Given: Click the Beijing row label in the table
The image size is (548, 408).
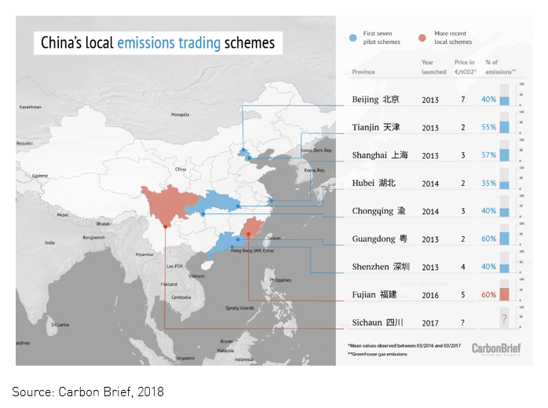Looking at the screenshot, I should click(x=376, y=100).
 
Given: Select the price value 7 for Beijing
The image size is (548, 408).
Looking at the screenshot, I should click(x=463, y=100).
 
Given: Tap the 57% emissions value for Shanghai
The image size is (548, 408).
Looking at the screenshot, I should click(x=488, y=155).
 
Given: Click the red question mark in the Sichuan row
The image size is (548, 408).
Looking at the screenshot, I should click(x=504, y=320).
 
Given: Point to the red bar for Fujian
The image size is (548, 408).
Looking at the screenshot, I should click(x=505, y=293).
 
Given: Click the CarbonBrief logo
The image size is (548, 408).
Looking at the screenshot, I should click(x=499, y=348).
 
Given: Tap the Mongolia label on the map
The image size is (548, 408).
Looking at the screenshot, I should click(x=180, y=115).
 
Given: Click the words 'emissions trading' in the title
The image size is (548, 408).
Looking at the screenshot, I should click(x=169, y=42).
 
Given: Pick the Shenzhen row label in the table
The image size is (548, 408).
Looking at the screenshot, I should click(x=381, y=267).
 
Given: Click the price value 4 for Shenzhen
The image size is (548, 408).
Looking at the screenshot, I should click(x=463, y=267).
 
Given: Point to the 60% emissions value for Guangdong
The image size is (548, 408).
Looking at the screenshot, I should click(x=488, y=239).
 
